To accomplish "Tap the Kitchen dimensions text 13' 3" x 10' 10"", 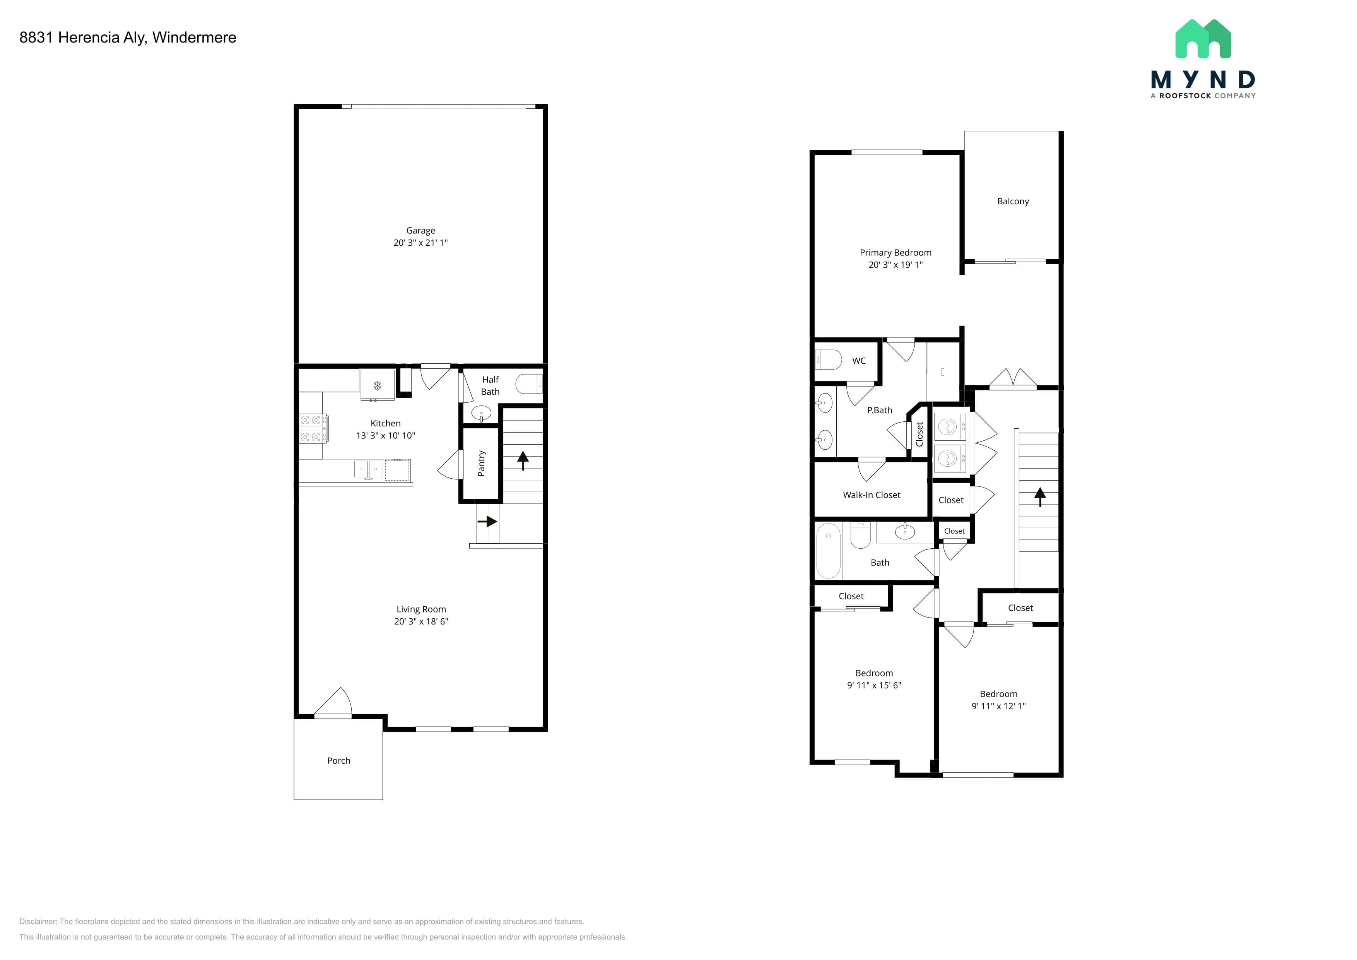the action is (x=385, y=436).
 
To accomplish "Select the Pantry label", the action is (x=481, y=464).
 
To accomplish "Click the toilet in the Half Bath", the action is (x=528, y=384).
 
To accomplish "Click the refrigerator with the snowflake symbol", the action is (x=377, y=385).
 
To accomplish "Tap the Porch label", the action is (x=338, y=761).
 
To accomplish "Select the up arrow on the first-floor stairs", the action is (x=523, y=460).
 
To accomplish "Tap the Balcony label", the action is (x=1013, y=202).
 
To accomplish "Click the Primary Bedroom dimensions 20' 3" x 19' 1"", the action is (x=896, y=265).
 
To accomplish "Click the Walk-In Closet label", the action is (x=872, y=495).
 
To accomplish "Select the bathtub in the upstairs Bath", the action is (x=828, y=551).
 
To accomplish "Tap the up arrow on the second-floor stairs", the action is (x=1040, y=496).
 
